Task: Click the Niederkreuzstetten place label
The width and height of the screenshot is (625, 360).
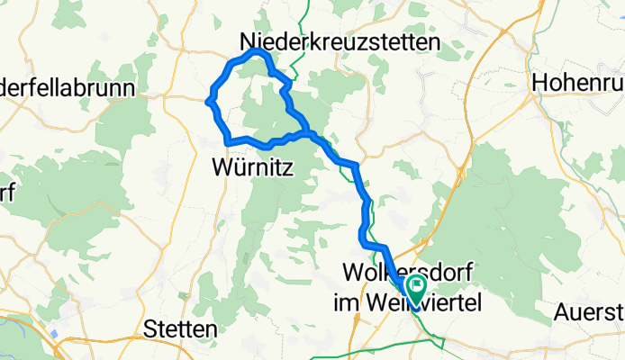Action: click(340, 42)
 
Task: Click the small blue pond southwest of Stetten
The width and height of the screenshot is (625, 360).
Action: click(53, 333)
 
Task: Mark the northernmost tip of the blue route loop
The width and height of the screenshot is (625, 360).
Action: click(258, 53)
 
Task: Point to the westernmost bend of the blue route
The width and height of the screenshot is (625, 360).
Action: click(209, 102)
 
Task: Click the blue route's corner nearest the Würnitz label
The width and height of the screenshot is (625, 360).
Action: click(227, 141)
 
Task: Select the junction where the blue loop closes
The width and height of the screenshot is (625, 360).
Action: click(308, 134)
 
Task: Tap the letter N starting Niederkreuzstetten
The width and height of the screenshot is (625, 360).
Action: click(247, 42)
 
